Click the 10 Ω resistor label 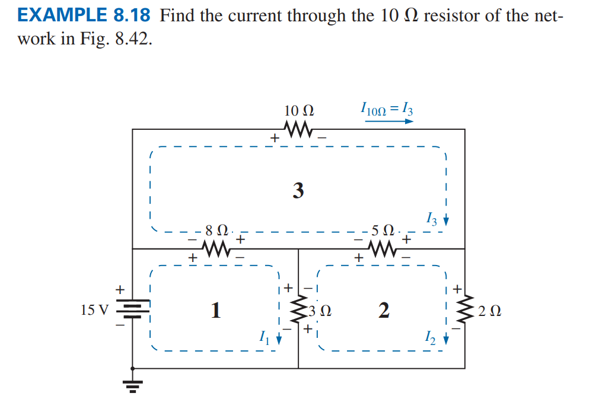tap(299, 110)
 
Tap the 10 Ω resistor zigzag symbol tap(299, 129)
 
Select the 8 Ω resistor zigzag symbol tap(216, 249)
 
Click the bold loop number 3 tap(298, 191)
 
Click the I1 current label tap(264, 338)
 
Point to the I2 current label tap(431, 338)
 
